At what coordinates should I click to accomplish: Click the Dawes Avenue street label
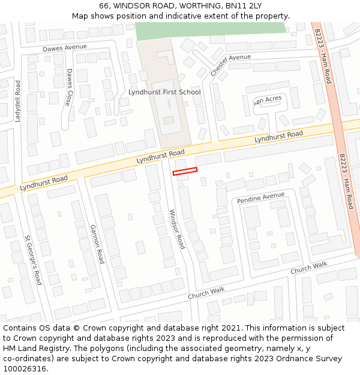(64, 47)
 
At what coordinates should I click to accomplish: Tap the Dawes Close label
(70, 86)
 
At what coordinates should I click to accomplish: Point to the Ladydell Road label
(18, 101)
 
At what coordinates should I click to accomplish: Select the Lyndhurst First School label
(164, 92)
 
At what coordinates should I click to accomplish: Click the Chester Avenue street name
(230, 65)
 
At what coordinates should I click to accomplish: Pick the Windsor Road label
(177, 229)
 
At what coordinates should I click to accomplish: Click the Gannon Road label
(97, 244)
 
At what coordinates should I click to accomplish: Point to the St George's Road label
(33, 259)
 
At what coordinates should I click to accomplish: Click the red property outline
(185, 172)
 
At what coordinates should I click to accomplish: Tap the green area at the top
(210, 28)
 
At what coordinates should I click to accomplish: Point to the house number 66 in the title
(104, 6)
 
